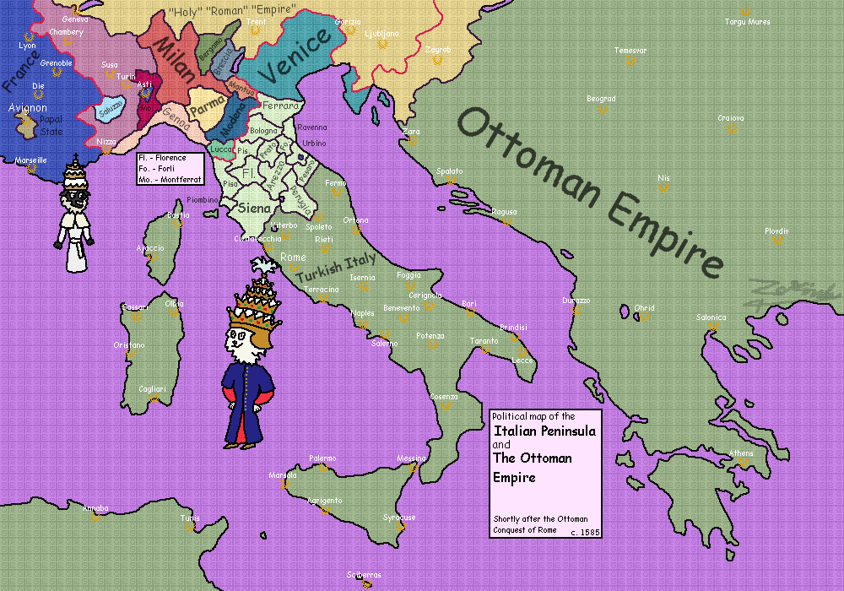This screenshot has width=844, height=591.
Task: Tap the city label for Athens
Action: [x=741, y=453]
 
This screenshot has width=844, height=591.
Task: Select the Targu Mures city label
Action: [x=747, y=22]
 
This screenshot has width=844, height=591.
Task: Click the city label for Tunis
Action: [x=190, y=518]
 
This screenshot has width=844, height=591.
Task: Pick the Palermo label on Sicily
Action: [x=322, y=458]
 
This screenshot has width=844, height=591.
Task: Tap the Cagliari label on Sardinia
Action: [x=152, y=389]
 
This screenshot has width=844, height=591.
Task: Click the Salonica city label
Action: [x=711, y=317]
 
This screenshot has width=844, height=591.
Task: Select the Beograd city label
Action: [x=601, y=99]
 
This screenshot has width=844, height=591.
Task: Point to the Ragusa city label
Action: [x=504, y=212]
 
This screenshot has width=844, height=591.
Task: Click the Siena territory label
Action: [x=255, y=208]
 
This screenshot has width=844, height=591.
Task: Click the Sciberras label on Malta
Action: [x=364, y=574]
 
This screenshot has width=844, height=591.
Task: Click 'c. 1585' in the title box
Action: [x=584, y=532]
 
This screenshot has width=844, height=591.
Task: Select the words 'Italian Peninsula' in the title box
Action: [x=544, y=431]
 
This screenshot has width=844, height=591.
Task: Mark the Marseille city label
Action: [x=31, y=160]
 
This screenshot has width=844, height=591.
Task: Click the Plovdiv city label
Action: [x=776, y=230]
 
